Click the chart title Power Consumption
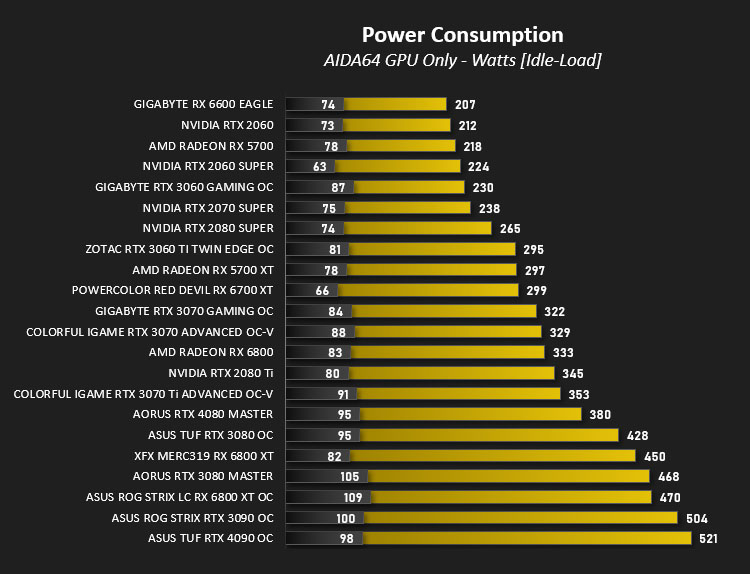coord(463,35)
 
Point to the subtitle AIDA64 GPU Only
coord(390,60)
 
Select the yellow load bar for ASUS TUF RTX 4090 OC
coord(527,538)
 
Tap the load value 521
coord(708,539)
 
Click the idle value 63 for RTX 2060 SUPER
coord(320,166)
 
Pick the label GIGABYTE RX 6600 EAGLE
coord(203,104)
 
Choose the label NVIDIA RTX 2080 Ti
coord(221,373)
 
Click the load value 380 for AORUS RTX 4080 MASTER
coord(600,415)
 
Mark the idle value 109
coord(353,497)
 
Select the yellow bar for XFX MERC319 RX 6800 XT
coord(493,456)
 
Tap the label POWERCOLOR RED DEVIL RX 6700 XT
coord(172,290)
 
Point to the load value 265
coord(510,229)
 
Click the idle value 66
coord(322,290)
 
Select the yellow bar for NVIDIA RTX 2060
coord(397,125)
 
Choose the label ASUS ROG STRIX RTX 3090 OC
coord(192,518)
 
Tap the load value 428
coord(638,435)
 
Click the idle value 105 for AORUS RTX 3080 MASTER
coord(350,476)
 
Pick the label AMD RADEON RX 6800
coord(211,353)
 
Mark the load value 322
coord(555,311)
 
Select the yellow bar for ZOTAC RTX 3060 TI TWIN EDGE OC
coord(432,249)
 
